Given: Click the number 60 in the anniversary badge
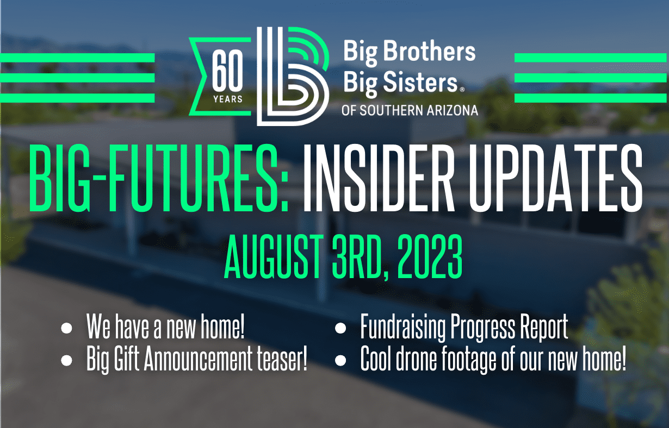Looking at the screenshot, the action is point(227,71).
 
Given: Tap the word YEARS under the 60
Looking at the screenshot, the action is point(228,99).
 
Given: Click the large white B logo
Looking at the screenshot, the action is point(293,76).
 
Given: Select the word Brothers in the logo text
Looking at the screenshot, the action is point(429,51).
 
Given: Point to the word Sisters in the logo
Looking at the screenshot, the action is point(420,81).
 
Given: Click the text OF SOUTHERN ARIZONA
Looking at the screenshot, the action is point(410,110).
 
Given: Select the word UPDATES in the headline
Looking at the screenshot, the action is point(555,179).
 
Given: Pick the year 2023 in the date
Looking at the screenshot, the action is point(430,256).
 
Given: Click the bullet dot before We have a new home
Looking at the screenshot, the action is point(66,328).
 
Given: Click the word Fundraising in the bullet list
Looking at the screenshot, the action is point(403,327).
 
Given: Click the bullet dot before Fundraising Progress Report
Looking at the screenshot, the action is point(340,328).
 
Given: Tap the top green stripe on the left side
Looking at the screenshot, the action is point(77,58).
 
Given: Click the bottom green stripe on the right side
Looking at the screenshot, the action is point(591,98).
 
